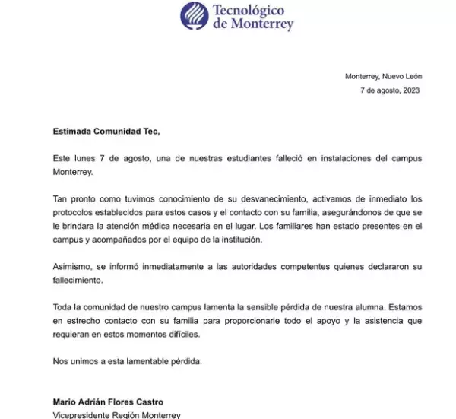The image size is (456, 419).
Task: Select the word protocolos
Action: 75,211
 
